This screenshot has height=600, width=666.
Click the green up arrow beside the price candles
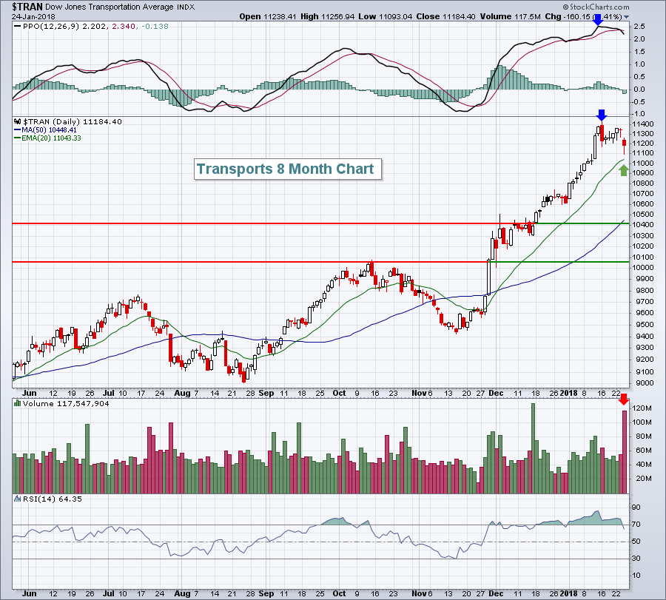click(623, 171)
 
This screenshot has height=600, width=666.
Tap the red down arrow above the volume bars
click(624, 400)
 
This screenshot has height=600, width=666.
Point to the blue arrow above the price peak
click(602, 115)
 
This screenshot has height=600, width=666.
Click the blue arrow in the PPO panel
click(598, 21)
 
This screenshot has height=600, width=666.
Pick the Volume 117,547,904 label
click(55, 404)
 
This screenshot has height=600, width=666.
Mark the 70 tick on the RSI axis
click(636, 525)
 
